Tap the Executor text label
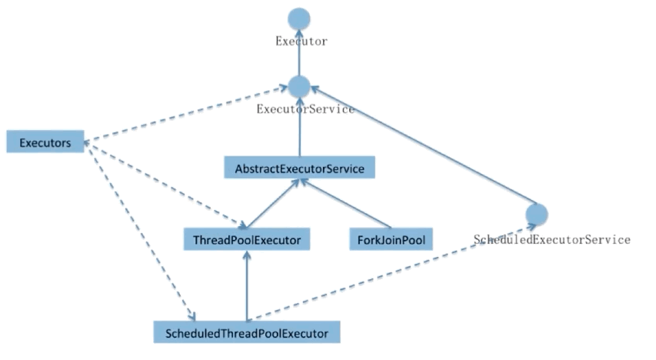tap(301, 42)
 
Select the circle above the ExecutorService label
tap(298, 86)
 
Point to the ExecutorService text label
tap(305, 109)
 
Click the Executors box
tap(45, 142)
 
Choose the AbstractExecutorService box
tap(299, 167)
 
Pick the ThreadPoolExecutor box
tap(246, 238)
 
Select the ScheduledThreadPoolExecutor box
tap(246, 333)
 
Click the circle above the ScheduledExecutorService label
tap(536, 215)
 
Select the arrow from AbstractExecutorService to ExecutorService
tap(298, 127)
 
